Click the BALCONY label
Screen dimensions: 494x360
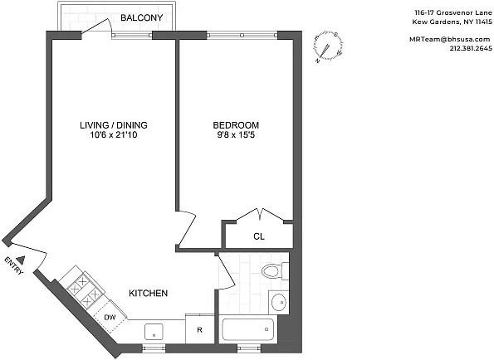[141, 17]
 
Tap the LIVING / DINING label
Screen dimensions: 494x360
[114, 125]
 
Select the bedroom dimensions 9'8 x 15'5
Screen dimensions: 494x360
[236, 135]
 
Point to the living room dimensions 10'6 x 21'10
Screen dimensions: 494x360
[114, 135]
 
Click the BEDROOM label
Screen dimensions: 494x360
[236, 125]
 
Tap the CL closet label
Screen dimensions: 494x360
[259, 236]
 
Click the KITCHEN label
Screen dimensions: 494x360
[148, 294]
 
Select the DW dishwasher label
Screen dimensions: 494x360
[110, 318]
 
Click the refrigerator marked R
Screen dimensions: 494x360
[199, 330]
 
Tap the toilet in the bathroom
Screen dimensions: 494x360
[275, 271]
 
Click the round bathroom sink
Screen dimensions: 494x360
[279, 302]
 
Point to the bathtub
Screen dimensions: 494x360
[248, 329]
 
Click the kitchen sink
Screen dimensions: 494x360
[154, 332]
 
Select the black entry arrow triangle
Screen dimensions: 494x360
[21, 260]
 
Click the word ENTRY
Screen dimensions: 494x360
[14, 266]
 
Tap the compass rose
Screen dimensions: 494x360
[328, 47]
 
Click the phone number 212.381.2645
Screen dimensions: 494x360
[471, 48]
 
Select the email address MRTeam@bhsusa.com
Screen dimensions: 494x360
[450, 39]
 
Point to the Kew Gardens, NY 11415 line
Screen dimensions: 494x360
[452, 22]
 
